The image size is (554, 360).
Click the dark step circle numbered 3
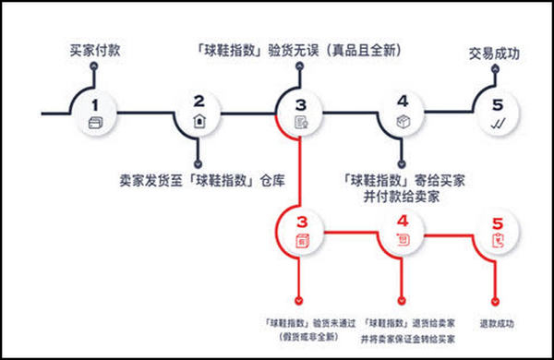pyautogui.click(x=299, y=114)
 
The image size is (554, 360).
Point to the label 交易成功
pyautogui.click(x=494, y=54)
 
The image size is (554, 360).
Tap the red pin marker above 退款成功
pyautogui.click(x=498, y=300)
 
